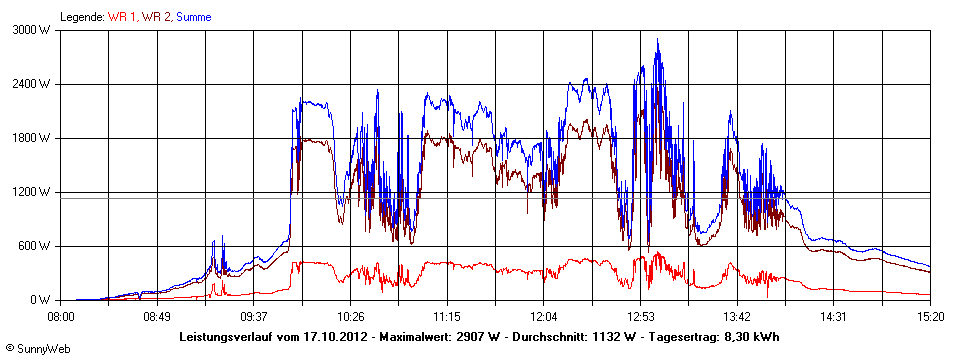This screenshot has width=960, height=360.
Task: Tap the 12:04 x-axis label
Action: tap(543, 316)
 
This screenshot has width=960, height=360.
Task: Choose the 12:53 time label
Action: tap(640, 316)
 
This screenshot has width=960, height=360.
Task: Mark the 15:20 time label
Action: tap(930, 316)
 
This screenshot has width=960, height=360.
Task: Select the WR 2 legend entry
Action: tap(156, 17)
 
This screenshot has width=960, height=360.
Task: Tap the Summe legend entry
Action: tap(194, 17)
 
